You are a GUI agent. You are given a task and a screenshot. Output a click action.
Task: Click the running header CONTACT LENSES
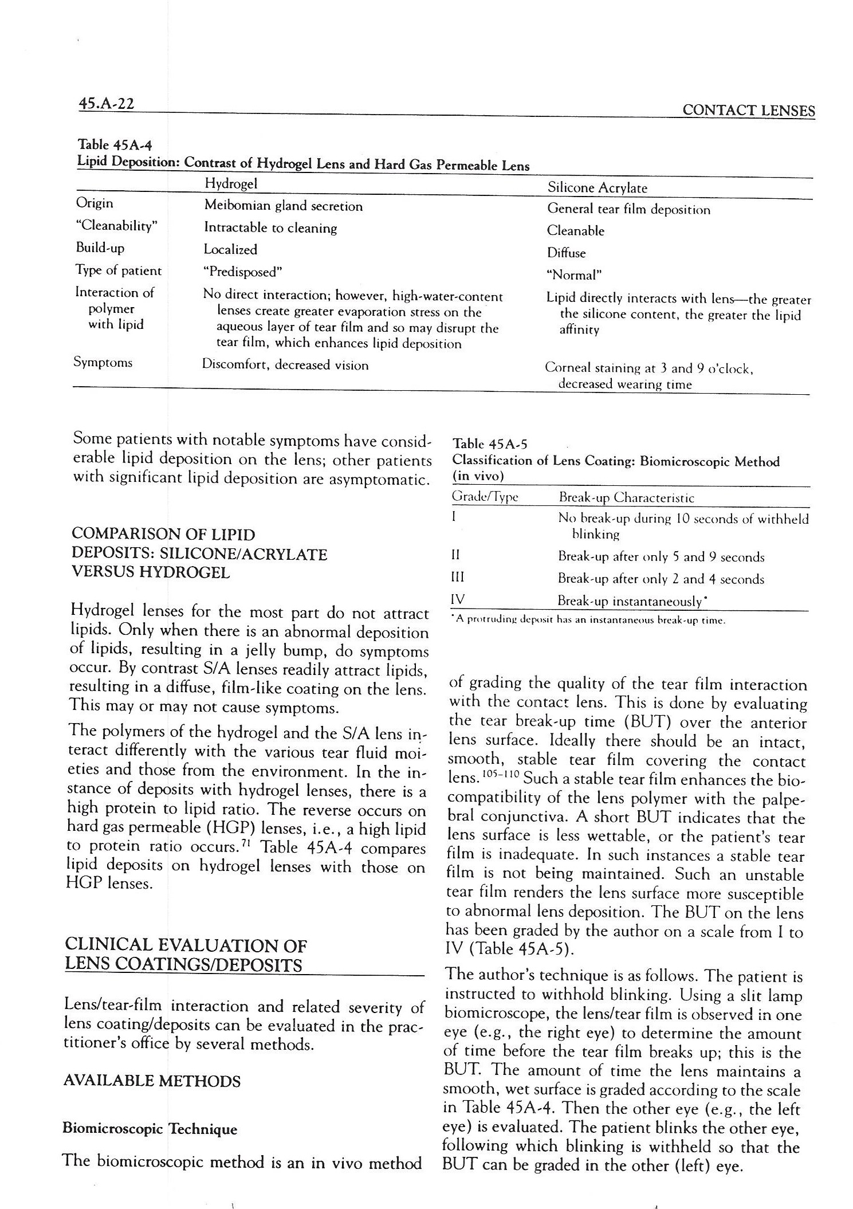coord(748,110)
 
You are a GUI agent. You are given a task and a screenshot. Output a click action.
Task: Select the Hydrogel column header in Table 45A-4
coord(231,183)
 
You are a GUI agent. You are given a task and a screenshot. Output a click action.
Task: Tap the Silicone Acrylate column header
coord(597,187)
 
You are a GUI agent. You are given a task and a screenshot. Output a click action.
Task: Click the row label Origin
coord(95,203)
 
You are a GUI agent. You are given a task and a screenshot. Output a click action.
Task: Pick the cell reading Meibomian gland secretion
coord(283,206)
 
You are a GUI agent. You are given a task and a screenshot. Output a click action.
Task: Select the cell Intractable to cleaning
coord(270,228)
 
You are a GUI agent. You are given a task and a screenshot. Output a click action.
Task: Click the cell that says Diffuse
coord(566,253)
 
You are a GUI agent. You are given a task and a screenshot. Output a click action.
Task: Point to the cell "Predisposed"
coord(243,271)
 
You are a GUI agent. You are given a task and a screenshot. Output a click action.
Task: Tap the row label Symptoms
coord(103,362)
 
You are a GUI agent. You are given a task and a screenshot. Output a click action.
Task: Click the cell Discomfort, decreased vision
coord(285,365)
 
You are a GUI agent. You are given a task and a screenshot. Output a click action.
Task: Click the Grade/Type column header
coord(485,497)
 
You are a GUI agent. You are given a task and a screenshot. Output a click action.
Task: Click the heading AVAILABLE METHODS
coord(152,1081)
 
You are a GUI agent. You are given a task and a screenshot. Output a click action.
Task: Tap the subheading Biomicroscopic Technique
coord(149,1129)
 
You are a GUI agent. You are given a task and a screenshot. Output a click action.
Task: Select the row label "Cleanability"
coord(116,226)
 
